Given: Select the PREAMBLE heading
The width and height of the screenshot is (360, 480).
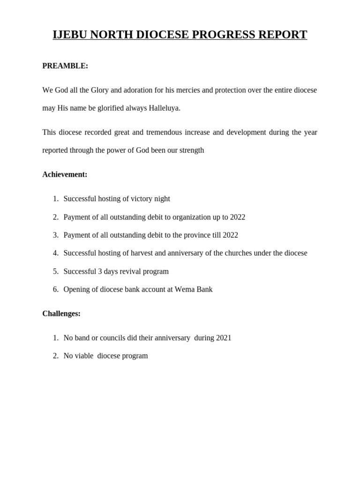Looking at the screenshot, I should click(x=65, y=66).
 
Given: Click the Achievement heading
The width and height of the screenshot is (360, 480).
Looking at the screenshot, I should click(x=65, y=174).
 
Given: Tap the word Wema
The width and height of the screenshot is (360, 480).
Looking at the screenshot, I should click(x=184, y=289).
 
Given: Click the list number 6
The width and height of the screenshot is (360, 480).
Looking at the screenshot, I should click(x=55, y=289).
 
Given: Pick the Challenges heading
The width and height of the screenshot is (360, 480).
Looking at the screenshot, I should click(x=61, y=314).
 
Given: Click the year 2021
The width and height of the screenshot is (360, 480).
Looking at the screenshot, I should click(x=223, y=338).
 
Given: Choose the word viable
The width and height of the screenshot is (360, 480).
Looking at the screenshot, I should click(x=84, y=356).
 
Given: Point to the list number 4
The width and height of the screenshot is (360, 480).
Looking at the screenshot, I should click(x=55, y=253).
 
